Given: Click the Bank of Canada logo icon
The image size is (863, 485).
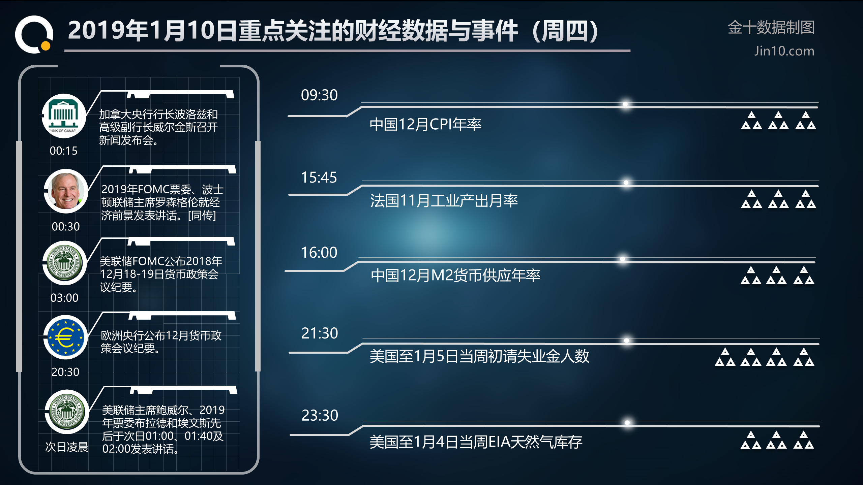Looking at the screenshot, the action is tap(64, 116).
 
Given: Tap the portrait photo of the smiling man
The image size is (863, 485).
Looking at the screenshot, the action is tap(66, 191).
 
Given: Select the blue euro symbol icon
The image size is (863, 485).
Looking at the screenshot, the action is tap(65, 337).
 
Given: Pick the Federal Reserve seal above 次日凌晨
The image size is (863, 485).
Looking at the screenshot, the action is tap(67, 412).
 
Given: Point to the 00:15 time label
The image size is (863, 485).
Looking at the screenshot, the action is tap(64, 151).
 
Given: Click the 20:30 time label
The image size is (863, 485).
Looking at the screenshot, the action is tap(65, 372).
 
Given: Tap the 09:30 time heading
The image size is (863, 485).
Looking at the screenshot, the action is tap(319, 95).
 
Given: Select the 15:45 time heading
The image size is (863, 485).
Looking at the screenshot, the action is tap(319, 177).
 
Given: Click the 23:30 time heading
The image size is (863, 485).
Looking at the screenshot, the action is tap(320, 415).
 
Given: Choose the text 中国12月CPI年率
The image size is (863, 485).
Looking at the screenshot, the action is tap(425, 125).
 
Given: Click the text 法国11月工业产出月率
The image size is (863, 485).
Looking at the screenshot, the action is tap(444, 201).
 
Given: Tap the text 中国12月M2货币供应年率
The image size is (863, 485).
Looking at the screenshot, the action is tap(455, 276).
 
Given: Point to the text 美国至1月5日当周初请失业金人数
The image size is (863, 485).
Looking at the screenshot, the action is tap(479, 356).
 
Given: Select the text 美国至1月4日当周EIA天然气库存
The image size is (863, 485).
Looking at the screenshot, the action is tap(476, 442).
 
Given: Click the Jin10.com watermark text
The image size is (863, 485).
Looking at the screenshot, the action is tap(784, 51).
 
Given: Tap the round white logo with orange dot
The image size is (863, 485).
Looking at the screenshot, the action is tap(34, 34).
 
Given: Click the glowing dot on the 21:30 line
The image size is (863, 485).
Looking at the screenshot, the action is tap(626, 341).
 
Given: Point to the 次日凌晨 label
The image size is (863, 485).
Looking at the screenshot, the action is tap(67, 447).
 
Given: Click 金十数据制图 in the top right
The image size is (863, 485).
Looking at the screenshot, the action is tap(771, 27).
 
